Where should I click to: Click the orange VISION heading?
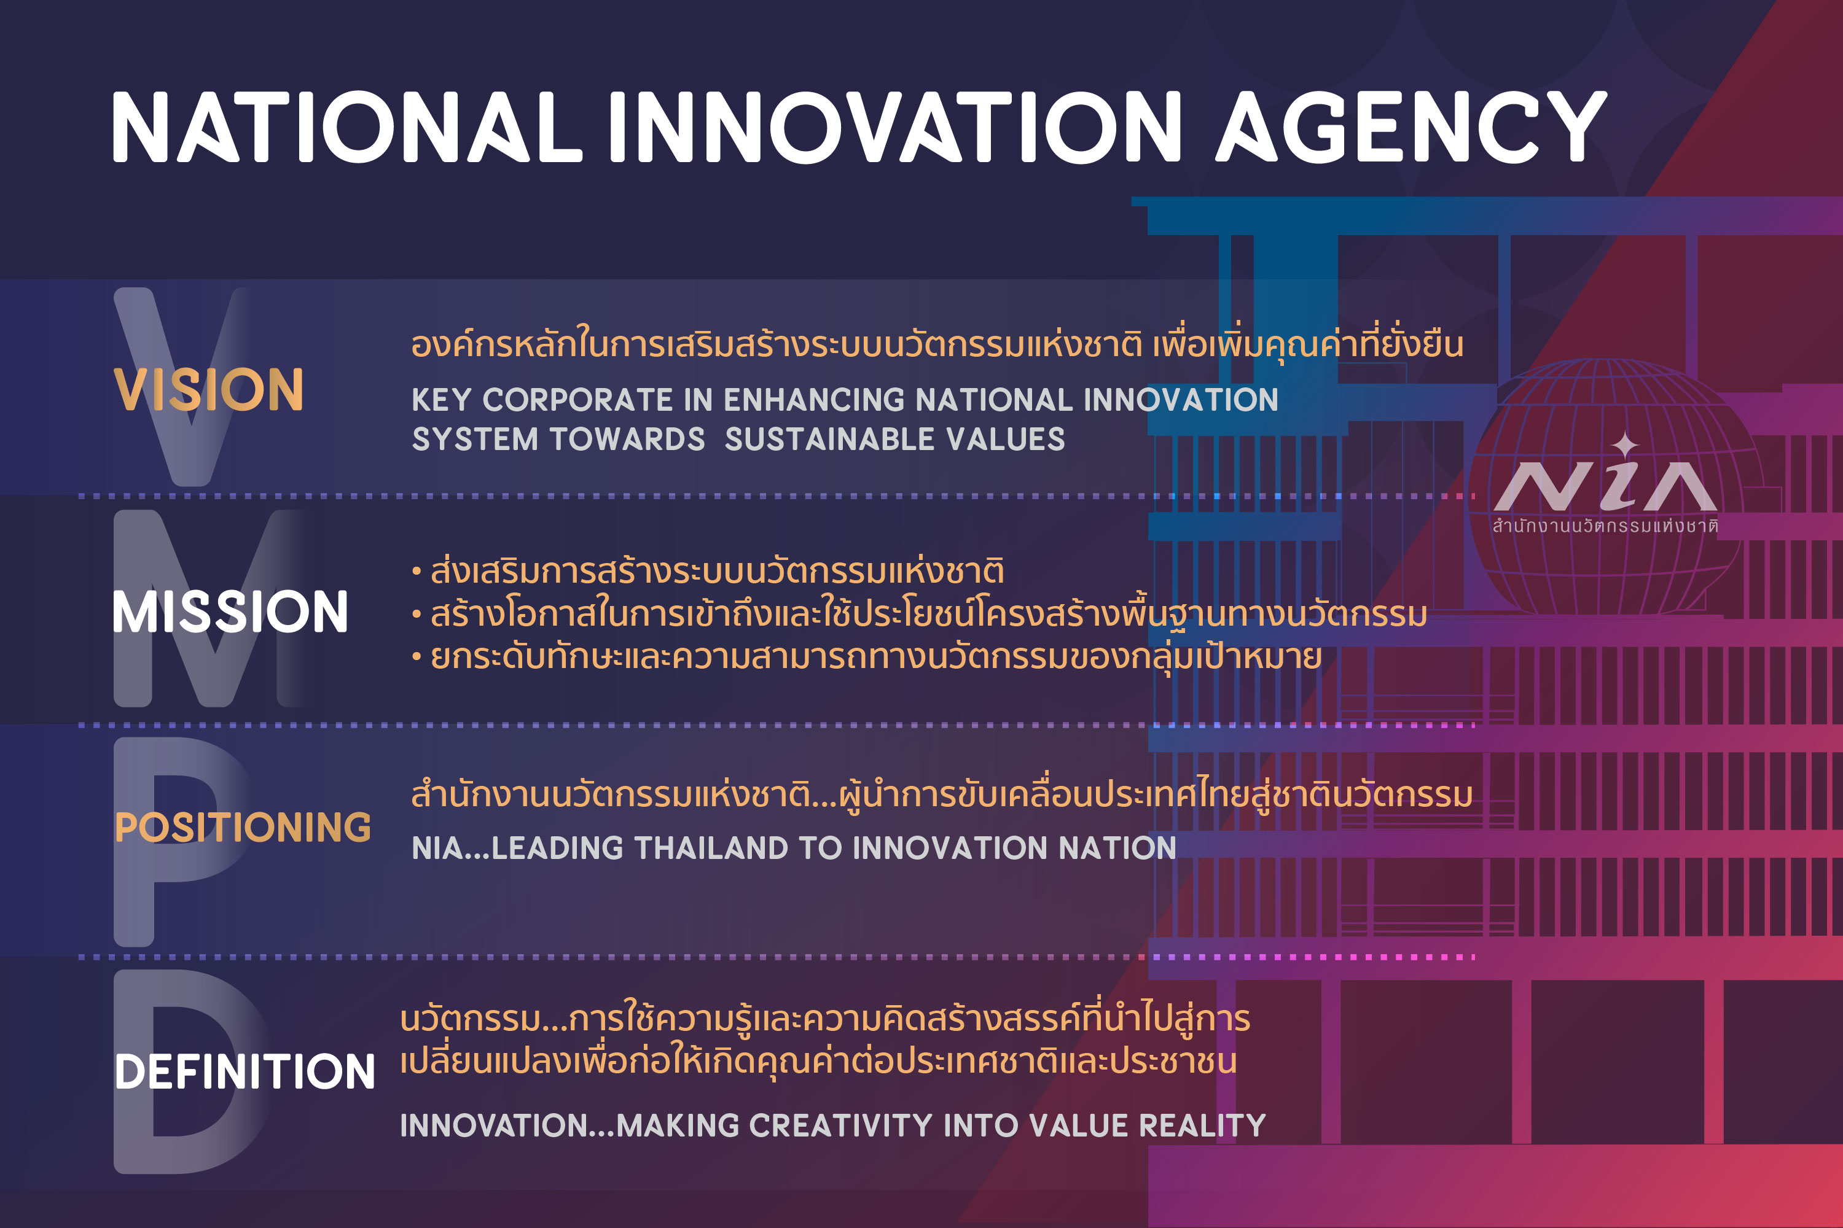(208, 389)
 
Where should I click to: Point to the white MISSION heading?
(230, 612)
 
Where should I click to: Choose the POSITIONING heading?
(243, 827)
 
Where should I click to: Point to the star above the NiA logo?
(1625, 445)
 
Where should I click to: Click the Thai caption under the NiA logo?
(1605, 526)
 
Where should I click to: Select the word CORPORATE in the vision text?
(577, 400)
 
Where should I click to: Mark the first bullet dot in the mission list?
(416, 572)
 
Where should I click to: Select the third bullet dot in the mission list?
(416, 657)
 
